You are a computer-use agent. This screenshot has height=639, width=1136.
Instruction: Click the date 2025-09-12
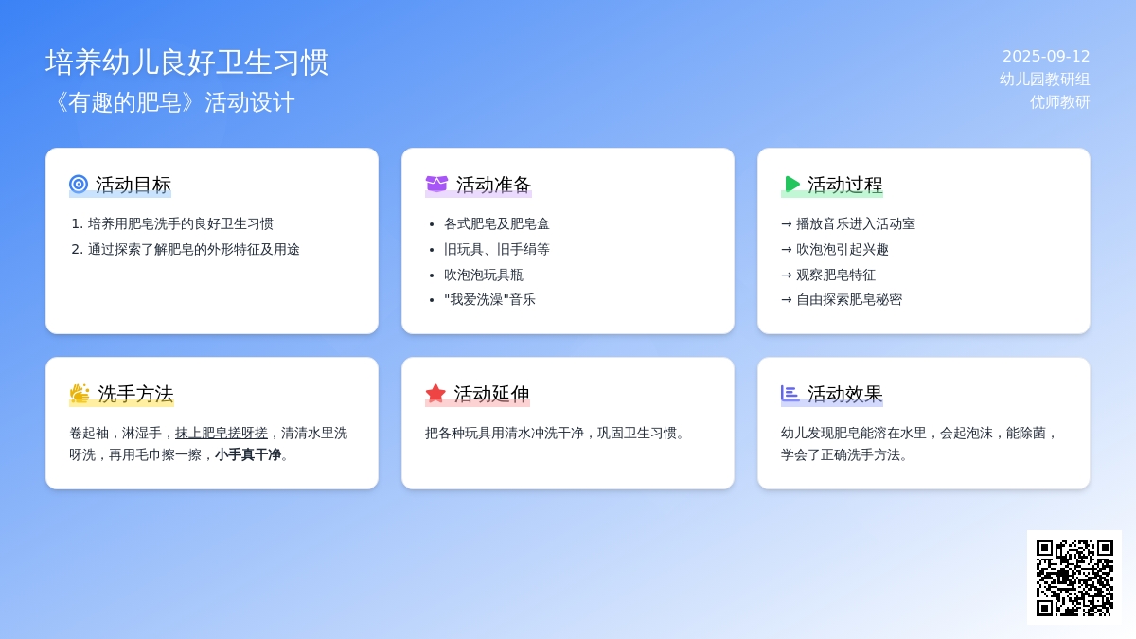[1046, 56]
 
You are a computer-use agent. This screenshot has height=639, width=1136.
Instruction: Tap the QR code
[1074, 577]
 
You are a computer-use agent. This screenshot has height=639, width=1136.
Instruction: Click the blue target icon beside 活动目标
[79, 184]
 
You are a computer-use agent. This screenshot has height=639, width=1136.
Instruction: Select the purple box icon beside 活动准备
[436, 184]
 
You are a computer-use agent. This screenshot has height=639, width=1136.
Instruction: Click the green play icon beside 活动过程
[791, 184]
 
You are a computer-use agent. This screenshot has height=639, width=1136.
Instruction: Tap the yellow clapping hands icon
[80, 394]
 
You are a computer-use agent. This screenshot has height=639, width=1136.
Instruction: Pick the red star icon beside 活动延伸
[435, 394]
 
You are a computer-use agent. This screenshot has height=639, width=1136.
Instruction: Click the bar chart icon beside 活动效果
[790, 394]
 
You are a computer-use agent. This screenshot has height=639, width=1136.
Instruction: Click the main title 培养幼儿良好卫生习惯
[187, 62]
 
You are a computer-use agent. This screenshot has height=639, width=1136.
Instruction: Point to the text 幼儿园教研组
[1045, 80]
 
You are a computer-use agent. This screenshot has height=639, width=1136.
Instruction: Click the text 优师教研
[1060, 102]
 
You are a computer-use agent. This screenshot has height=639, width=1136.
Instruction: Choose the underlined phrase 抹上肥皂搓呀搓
[222, 434]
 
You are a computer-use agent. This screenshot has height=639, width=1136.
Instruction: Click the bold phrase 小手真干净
[248, 455]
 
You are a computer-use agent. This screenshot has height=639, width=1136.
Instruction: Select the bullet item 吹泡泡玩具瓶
[484, 275]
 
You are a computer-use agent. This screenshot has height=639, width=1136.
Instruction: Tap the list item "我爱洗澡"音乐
[490, 300]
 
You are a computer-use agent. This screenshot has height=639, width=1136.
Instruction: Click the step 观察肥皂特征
[836, 275]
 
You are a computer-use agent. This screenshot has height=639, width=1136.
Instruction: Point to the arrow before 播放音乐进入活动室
[787, 224]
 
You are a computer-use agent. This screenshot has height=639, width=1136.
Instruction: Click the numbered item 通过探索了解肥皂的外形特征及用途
[194, 250]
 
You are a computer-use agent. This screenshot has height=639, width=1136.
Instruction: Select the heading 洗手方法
[135, 394]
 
